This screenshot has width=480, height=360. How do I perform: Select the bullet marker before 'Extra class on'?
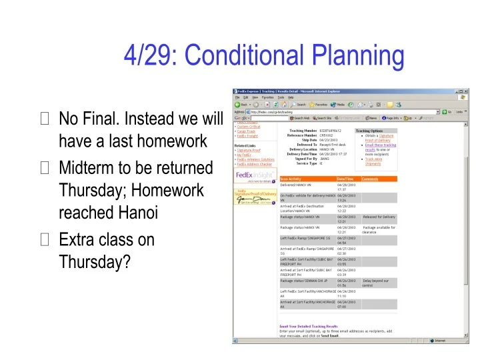[x=45, y=239]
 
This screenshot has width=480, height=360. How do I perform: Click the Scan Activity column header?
[x=293, y=179]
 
